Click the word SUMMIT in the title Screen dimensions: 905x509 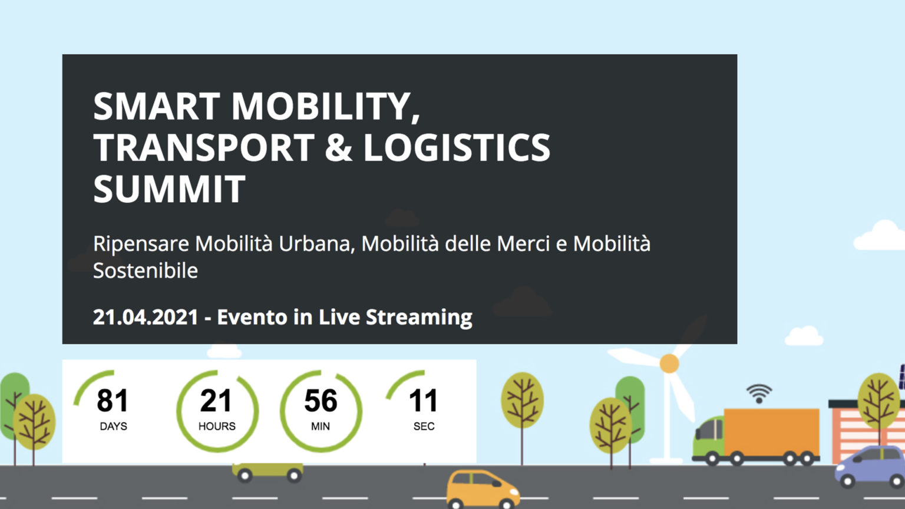[x=169, y=189]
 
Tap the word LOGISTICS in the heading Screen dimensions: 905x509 [x=457, y=147]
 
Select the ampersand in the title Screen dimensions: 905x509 [x=339, y=147]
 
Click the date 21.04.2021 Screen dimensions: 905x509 [x=146, y=317]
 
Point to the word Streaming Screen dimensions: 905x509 [x=419, y=318]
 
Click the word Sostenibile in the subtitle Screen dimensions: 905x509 [x=146, y=270]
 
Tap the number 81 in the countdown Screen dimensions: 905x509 [x=113, y=401]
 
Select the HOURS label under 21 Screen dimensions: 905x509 [x=217, y=426]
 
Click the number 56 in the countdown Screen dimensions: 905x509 [x=321, y=401]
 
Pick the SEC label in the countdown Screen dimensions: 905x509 [x=424, y=426]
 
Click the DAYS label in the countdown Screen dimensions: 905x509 [x=114, y=426]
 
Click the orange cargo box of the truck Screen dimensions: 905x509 [x=772, y=432]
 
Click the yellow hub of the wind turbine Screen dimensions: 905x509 [x=669, y=363]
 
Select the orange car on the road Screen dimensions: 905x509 [x=483, y=489]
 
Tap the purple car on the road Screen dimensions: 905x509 [x=870, y=467]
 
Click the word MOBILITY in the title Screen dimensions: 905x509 [x=326, y=107]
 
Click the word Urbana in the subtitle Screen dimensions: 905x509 [x=317, y=244]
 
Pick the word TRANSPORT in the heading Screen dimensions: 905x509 [x=204, y=147]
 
